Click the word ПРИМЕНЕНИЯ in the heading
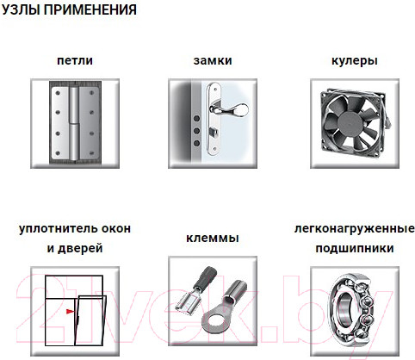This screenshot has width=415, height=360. coord(90,10)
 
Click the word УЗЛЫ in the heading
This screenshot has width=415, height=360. coord(21,10)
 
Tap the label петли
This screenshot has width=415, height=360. coord(75,60)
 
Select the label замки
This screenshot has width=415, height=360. coord(213,60)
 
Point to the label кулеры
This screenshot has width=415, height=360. coord(355,61)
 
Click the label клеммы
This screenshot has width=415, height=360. coord(213,239)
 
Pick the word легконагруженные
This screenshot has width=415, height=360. coord(355,229)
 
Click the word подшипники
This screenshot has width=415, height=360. coord(355,248)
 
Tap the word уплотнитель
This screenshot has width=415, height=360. coord(54,229)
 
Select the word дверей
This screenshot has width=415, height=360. coord(80,249)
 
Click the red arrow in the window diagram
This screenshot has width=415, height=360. coord(70,311)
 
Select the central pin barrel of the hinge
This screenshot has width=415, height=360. coord(74,123)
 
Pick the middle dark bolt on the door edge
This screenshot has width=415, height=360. coord(197,131)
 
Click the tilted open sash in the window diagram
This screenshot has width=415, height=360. coord(90,320)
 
